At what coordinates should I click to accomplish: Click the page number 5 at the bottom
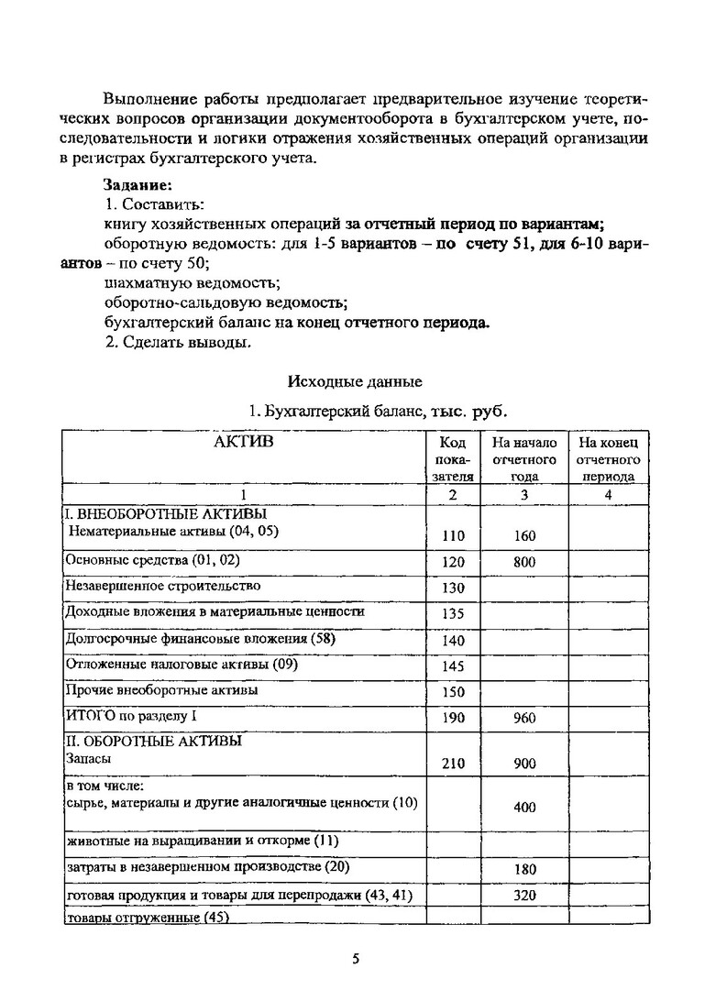[356, 959]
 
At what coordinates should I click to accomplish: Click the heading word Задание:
[138, 184]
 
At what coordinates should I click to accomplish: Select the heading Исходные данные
[355, 380]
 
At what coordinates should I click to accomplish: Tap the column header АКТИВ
[243, 443]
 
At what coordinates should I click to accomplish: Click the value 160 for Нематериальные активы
[524, 536]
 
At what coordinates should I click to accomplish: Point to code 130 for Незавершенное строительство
[454, 588]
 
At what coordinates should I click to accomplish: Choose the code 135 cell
[454, 614]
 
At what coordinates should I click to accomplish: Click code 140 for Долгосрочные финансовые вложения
[454, 641]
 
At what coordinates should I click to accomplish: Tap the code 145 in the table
[454, 666]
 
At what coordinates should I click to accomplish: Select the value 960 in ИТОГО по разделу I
[524, 719]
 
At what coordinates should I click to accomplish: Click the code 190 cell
[454, 719]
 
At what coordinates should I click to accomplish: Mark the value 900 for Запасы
[524, 764]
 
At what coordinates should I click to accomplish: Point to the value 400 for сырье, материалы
[524, 808]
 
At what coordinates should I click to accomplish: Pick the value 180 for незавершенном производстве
[524, 869]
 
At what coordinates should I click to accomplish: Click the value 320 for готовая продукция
[524, 896]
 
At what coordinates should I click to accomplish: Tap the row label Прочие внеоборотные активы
[161, 689]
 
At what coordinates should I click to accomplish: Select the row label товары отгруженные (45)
[147, 917]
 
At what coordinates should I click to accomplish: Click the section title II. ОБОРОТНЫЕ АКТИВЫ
[154, 741]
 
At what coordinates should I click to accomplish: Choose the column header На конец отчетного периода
[608, 459]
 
